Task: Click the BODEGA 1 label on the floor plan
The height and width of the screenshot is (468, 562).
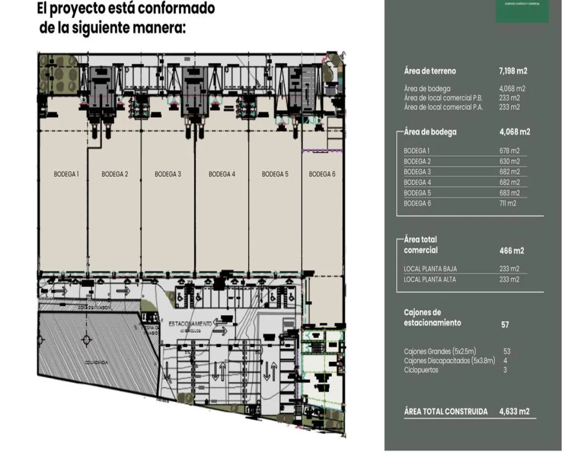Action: [x=66, y=174]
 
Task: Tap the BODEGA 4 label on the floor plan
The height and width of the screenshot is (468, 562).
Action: [x=222, y=174]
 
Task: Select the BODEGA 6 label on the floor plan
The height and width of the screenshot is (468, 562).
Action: [x=322, y=174]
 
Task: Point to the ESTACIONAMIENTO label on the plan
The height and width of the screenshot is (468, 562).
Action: [x=190, y=323]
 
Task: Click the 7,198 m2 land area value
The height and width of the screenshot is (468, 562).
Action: [x=513, y=71]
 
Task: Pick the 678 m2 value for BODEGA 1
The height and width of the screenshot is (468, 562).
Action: [x=510, y=151]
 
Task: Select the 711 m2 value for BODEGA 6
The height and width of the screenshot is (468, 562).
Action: [x=509, y=204]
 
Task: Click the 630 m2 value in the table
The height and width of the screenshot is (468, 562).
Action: [x=510, y=161]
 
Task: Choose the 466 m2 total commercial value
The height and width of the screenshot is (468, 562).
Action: [x=512, y=251]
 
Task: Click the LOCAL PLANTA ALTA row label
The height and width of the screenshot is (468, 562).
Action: [x=429, y=279]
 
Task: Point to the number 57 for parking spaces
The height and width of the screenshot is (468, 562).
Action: [x=505, y=325]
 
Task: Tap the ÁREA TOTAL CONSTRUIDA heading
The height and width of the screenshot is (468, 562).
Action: [x=445, y=412]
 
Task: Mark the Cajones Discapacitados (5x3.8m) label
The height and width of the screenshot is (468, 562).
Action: [x=450, y=360]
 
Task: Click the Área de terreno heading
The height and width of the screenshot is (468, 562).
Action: [x=430, y=71]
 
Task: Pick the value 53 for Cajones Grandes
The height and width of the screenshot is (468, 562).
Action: [x=507, y=351]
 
